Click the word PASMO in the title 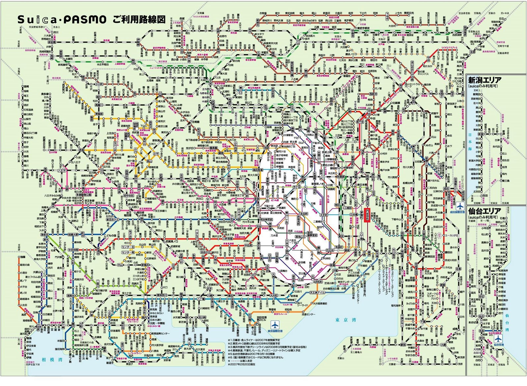coord(85,20)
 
